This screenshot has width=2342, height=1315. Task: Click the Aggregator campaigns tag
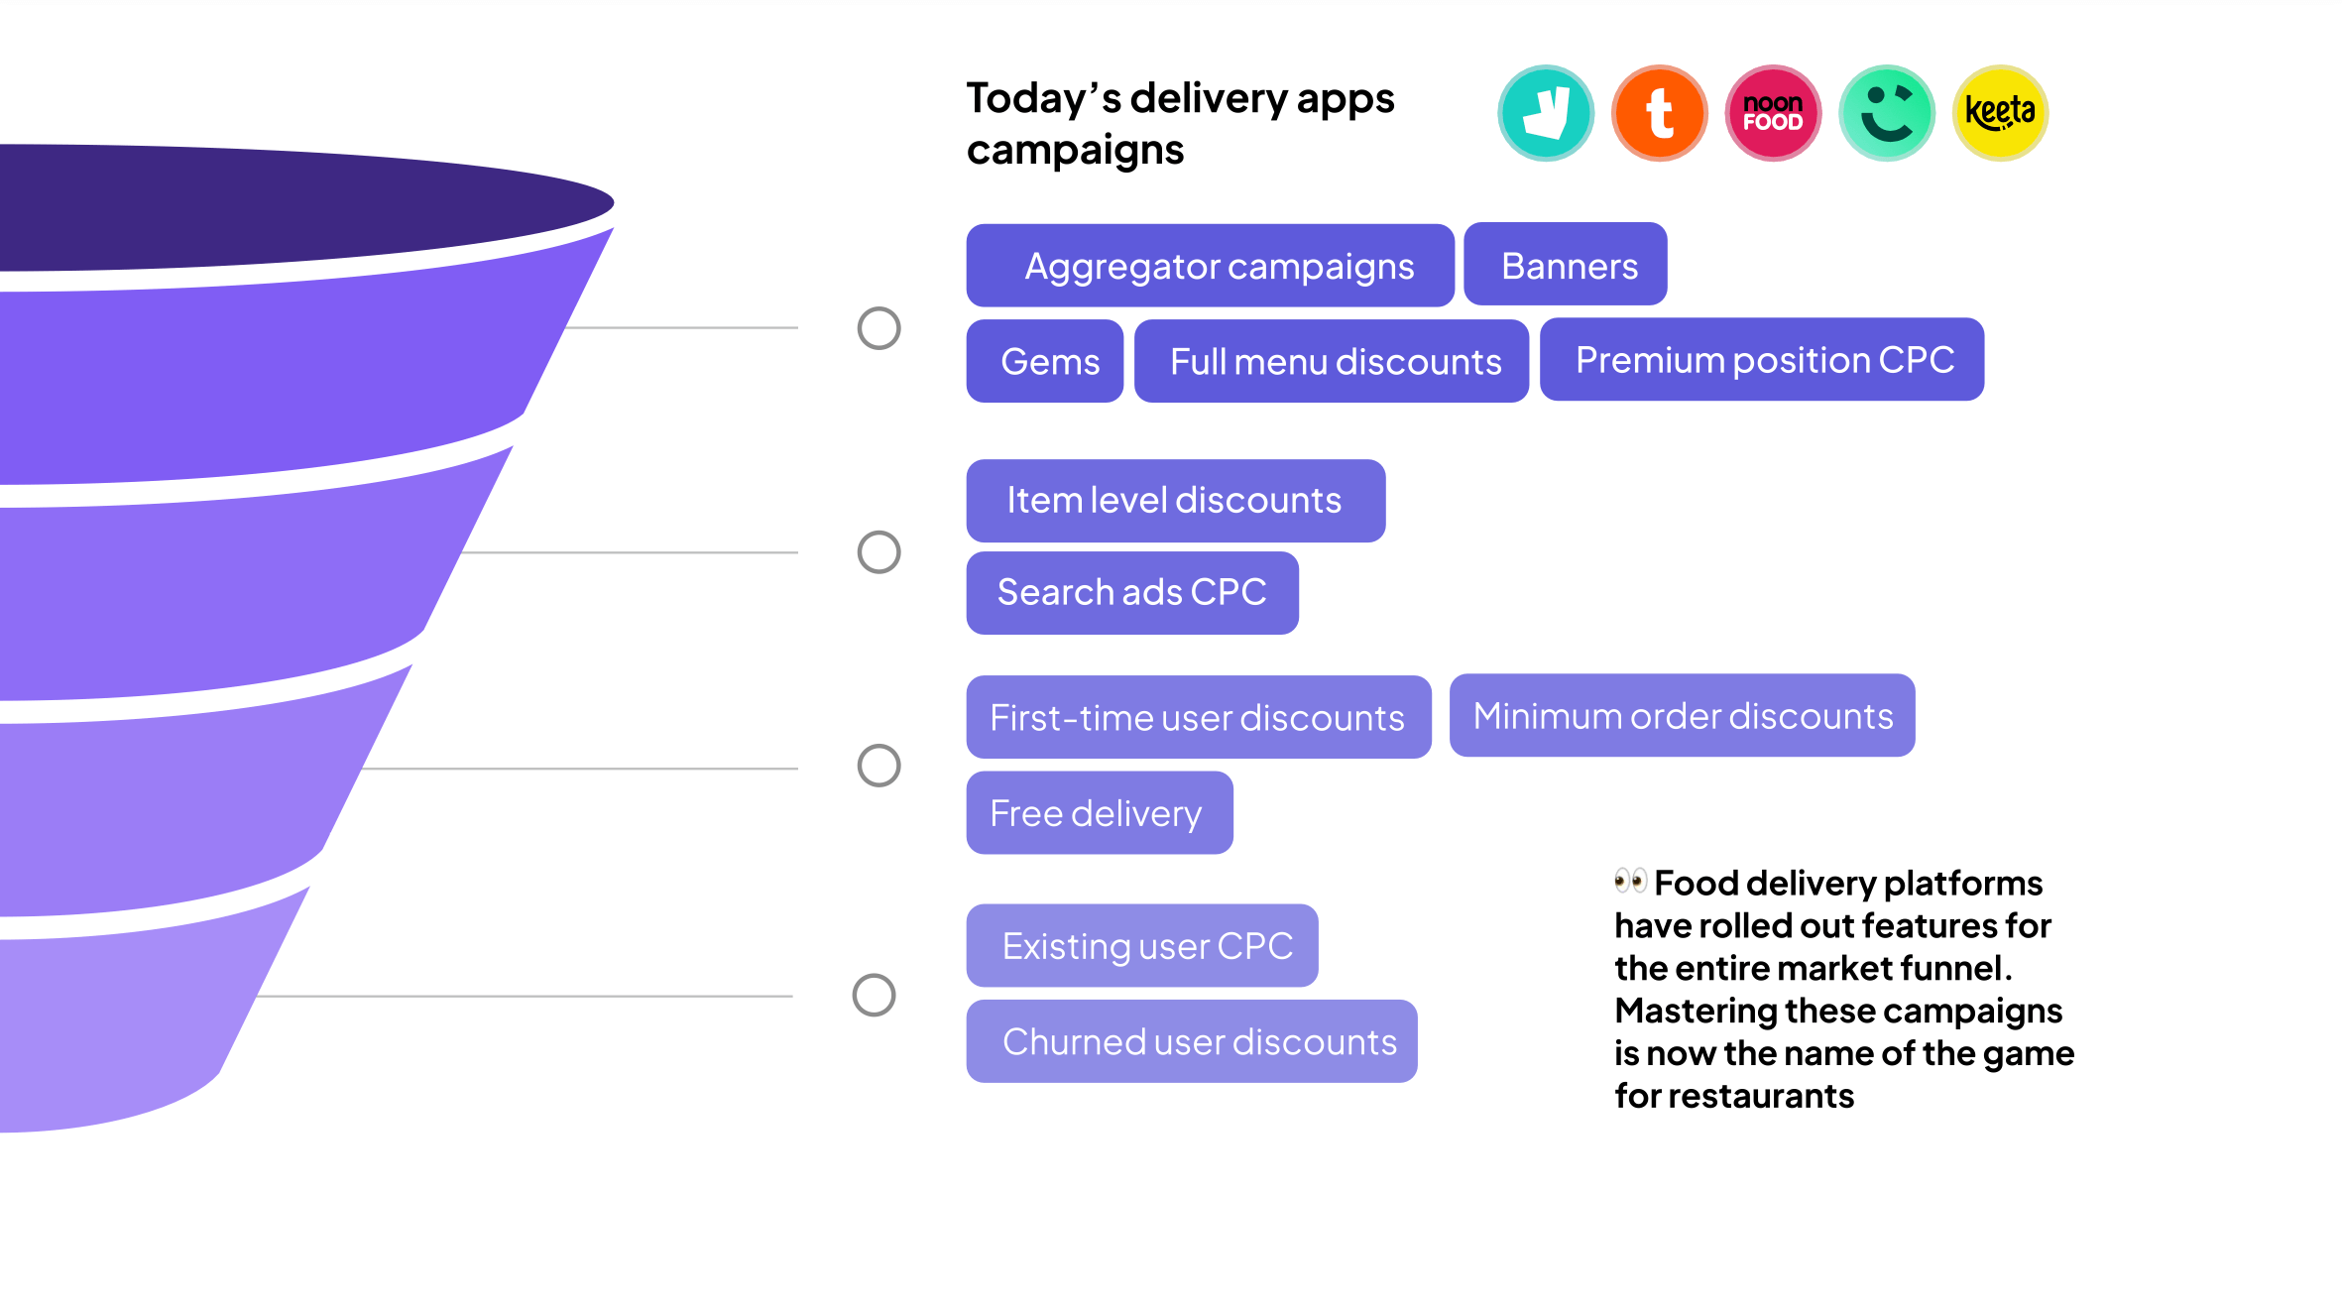pyautogui.click(x=1210, y=266)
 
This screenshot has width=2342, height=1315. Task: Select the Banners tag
pyautogui.click(x=1565, y=265)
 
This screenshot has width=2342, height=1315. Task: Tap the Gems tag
pyautogui.click(x=1045, y=361)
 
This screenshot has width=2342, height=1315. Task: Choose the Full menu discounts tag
pyautogui.click(x=1331, y=361)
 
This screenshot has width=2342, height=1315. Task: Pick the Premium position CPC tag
pyautogui.click(x=1761, y=359)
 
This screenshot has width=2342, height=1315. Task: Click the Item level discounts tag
pyautogui.click(x=1175, y=501)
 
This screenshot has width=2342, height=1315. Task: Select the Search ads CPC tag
pyautogui.click(x=1131, y=593)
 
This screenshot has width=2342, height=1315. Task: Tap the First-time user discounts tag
pyautogui.click(x=1198, y=717)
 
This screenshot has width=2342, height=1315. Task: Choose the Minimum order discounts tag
pyautogui.click(x=1682, y=715)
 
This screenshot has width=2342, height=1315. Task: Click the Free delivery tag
pyautogui.click(x=1099, y=813)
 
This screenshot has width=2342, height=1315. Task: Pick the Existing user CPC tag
pyautogui.click(x=1141, y=945)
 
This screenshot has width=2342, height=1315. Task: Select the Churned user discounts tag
pyautogui.click(x=1191, y=1041)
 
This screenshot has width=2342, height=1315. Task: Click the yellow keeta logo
pyautogui.click(x=2000, y=113)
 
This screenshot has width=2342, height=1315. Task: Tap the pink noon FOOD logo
pyautogui.click(x=1773, y=113)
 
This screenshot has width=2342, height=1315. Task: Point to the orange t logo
pyautogui.click(x=1659, y=113)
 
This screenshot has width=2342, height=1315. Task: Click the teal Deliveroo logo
pyautogui.click(x=1546, y=113)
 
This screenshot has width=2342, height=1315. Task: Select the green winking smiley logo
pyautogui.click(x=1887, y=113)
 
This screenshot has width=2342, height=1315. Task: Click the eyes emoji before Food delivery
pyautogui.click(x=1629, y=880)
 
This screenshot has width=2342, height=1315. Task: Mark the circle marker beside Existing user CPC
pyautogui.click(x=874, y=995)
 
